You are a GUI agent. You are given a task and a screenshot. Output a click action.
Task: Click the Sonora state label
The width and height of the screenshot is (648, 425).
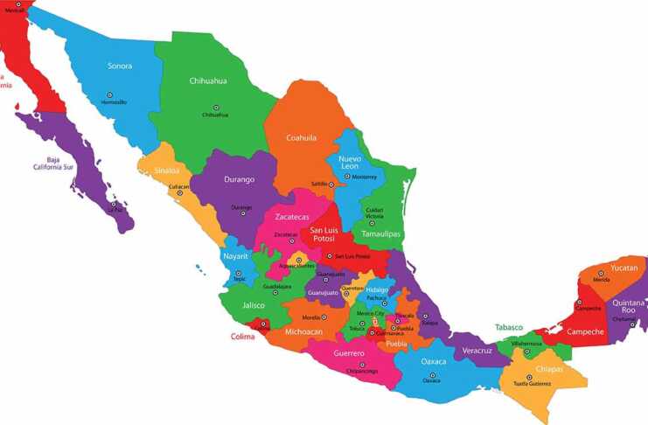pos(120,66)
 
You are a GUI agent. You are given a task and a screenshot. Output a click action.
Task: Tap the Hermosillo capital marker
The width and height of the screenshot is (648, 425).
pos(109,94)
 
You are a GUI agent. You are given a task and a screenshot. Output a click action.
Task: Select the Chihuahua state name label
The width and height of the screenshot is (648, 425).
pos(208,80)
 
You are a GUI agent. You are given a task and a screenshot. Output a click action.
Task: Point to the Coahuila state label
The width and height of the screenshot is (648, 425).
pos(301,137)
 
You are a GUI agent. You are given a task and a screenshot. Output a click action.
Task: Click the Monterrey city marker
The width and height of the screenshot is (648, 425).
pos(346,176)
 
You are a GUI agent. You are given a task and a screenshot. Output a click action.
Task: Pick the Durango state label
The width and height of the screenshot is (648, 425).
pos(239,179)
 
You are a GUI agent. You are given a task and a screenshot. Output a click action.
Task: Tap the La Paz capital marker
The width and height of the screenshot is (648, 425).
pos(113,204)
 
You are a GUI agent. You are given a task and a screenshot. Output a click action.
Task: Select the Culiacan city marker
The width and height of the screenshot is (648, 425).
pos(179,192)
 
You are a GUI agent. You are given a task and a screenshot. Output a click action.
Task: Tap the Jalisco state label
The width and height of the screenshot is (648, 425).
pos(254,305)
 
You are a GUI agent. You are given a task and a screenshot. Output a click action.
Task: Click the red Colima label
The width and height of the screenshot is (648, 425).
pos(243,336)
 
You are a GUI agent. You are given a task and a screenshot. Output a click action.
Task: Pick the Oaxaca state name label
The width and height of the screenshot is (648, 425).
pos(434,360)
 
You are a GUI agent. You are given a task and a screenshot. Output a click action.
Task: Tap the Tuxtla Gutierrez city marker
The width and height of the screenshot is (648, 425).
pos(532,377)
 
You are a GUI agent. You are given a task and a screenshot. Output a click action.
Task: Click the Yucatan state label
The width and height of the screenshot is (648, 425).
pos(624,267)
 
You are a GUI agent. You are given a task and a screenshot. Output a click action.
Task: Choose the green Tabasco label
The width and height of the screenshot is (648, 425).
pos(509,327)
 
